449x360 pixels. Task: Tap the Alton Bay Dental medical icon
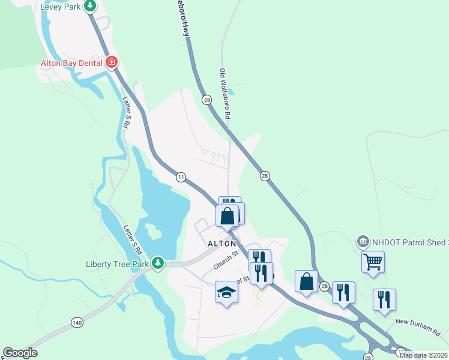coord(111,62)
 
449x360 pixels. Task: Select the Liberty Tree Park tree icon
coord(158,263)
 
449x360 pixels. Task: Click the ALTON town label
coord(221,244)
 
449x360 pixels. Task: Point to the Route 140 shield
coord(76,323)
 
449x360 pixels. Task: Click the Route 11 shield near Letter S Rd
coord(180,176)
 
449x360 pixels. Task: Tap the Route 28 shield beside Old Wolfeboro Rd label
coord(206,100)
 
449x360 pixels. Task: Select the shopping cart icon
coord(373,261)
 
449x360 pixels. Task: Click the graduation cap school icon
coord(226,292)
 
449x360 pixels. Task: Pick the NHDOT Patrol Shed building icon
coord(363,241)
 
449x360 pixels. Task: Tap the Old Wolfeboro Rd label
coord(225,93)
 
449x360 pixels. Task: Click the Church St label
coord(226,260)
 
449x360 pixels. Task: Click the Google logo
coord(19,353)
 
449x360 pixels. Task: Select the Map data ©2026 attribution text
coord(423,355)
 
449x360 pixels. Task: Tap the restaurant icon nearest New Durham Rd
coord(384,299)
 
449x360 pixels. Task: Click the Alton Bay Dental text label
coord(71,62)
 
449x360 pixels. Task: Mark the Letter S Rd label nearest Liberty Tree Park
coord(133,238)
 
